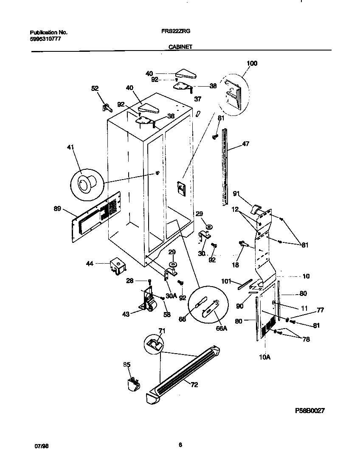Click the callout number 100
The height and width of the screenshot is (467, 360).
252,64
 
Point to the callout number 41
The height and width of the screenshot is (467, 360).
70,147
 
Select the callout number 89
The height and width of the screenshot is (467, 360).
57,208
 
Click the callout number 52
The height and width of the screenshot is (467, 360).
95,89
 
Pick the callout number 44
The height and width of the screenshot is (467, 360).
90,264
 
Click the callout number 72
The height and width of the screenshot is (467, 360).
194,385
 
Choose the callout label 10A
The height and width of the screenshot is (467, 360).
264,357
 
